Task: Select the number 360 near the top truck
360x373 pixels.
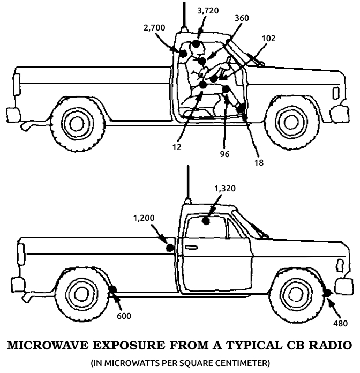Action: [x=242, y=18]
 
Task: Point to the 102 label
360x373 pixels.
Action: [x=269, y=39]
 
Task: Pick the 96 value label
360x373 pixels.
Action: [x=224, y=154]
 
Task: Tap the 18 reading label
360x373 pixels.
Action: [x=259, y=162]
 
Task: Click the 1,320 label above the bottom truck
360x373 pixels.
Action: [x=224, y=189]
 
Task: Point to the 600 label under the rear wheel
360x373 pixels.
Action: [x=124, y=316]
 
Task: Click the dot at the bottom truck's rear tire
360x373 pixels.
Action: [x=113, y=291]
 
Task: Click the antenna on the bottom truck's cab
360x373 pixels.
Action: [x=187, y=182]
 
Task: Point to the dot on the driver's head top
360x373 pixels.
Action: [x=197, y=43]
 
